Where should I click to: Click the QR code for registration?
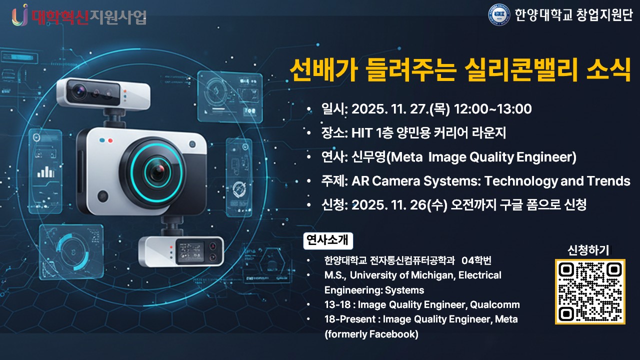(x=590, y=291)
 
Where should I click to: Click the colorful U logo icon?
(x=20, y=15)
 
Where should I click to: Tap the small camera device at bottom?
(x=180, y=251)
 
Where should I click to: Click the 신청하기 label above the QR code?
(x=588, y=249)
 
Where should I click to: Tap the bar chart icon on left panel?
(x=46, y=171)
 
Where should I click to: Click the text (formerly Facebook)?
(x=371, y=334)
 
